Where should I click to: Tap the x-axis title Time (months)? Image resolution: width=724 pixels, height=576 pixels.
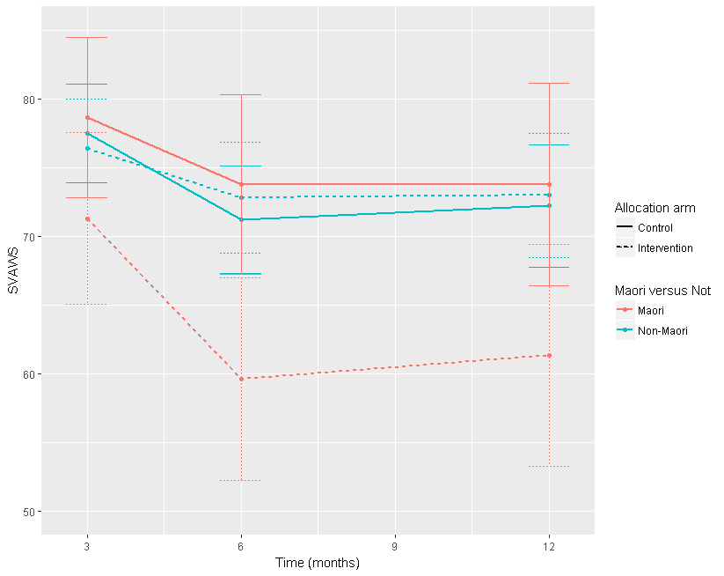pos(317,562)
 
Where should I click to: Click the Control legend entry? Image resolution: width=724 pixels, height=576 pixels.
pos(655,228)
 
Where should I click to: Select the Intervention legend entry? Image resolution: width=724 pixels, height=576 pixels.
pos(665,248)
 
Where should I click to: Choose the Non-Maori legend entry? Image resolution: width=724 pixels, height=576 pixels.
pos(662,331)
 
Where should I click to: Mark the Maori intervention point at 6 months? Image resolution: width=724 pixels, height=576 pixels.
pos(241,379)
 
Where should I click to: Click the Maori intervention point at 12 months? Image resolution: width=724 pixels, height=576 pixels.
pos(549,355)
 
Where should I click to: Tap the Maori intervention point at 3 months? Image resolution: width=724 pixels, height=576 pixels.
pos(87,218)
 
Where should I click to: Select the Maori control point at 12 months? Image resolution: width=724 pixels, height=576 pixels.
pos(549,184)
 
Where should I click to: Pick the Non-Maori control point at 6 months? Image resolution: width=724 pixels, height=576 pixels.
pos(241,219)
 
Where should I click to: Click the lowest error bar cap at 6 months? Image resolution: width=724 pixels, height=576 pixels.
pos(241,480)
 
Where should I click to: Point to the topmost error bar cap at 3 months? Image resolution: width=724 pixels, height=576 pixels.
pos(87,38)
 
